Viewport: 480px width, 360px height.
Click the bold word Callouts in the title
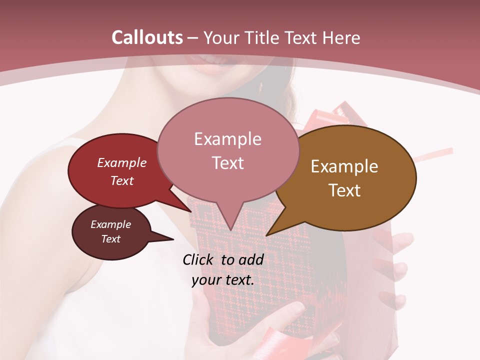pyautogui.click(x=147, y=37)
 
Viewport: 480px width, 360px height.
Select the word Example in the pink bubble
pyautogui.click(x=228, y=139)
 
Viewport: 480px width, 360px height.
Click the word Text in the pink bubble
pyautogui.click(x=228, y=162)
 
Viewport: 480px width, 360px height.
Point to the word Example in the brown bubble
pyautogui.click(x=344, y=166)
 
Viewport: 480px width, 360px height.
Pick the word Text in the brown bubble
pyautogui.click(x=344, y=190)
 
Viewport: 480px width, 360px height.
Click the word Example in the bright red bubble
pyautogui.click(x=122, y=162)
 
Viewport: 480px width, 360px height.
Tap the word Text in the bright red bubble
pyautogui.click(x=122, y=180)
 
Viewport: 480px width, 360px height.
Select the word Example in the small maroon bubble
pyautogui.click(x=111, y=224)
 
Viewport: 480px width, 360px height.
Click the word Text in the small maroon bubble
pyautogui.click(x=111, y=239)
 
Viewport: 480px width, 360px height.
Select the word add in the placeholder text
pyautogui.click(x=251, y=259)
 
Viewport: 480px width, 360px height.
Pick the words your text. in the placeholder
pyautogui.click(x=223, y=280)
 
